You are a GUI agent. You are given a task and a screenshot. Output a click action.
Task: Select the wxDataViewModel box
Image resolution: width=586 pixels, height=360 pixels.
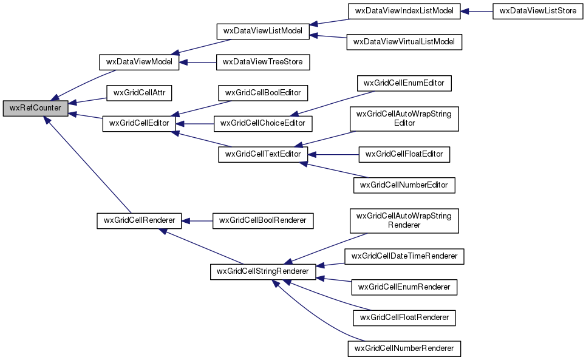pos(139,62)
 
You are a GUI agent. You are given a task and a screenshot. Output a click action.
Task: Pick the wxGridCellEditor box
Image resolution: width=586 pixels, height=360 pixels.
pos(139,123)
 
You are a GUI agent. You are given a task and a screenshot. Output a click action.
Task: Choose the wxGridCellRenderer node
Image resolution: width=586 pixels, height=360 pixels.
pos(139,220)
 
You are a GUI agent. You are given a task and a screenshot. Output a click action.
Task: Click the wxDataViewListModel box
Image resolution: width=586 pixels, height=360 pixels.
pos(263,31)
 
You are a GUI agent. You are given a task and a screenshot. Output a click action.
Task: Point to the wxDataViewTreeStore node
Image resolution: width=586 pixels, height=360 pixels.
pos(263,62)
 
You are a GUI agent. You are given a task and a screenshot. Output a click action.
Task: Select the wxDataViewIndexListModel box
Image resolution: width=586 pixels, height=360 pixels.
pos(403,12)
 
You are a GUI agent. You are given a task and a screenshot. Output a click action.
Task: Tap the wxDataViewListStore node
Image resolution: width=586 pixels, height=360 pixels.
pos(534,12)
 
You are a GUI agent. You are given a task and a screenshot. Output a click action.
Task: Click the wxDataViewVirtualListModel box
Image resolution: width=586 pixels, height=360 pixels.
pos(404,42)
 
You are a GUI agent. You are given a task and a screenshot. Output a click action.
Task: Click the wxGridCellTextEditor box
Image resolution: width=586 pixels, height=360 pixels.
pos(264,154)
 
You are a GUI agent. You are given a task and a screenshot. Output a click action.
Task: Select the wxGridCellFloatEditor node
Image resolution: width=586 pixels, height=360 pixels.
pos(404,154)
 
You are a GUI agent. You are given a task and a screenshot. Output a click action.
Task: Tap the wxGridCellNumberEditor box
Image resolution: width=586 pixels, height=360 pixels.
pos(404,185)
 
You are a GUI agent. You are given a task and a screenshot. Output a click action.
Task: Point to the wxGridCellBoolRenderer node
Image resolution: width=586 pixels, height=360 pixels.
pos(263,220)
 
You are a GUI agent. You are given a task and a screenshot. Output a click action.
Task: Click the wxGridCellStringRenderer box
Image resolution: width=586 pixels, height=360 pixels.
pos(263,271)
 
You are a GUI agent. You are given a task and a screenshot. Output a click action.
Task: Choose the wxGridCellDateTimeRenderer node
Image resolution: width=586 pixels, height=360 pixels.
pos(404,256)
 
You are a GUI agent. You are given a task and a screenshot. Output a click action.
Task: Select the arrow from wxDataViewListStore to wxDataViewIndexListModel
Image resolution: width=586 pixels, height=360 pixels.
pos(477,12)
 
